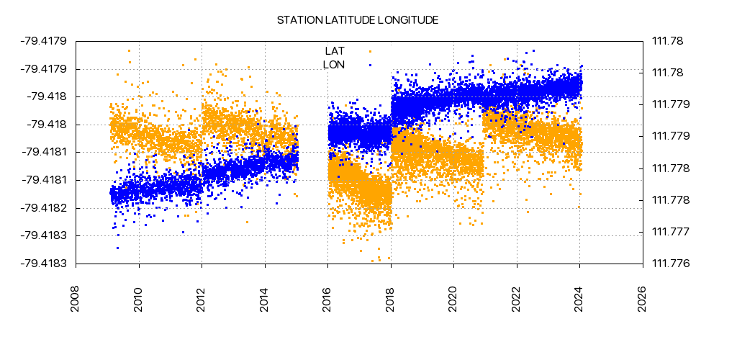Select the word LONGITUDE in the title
(408, 20)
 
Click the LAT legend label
(335, 51)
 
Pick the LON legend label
(334, 65)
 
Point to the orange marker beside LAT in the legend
(370, 51)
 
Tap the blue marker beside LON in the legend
(370, 65)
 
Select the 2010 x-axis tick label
(139, 299)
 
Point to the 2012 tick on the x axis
(202, 299)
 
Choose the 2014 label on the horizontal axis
(265, 299)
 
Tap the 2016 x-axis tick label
(328, 299)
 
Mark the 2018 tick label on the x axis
(391, 299)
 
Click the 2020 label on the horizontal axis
(454, 299)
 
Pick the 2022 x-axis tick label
(517, 299)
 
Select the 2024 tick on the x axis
(580, 299)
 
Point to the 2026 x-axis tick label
(643, 299)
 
